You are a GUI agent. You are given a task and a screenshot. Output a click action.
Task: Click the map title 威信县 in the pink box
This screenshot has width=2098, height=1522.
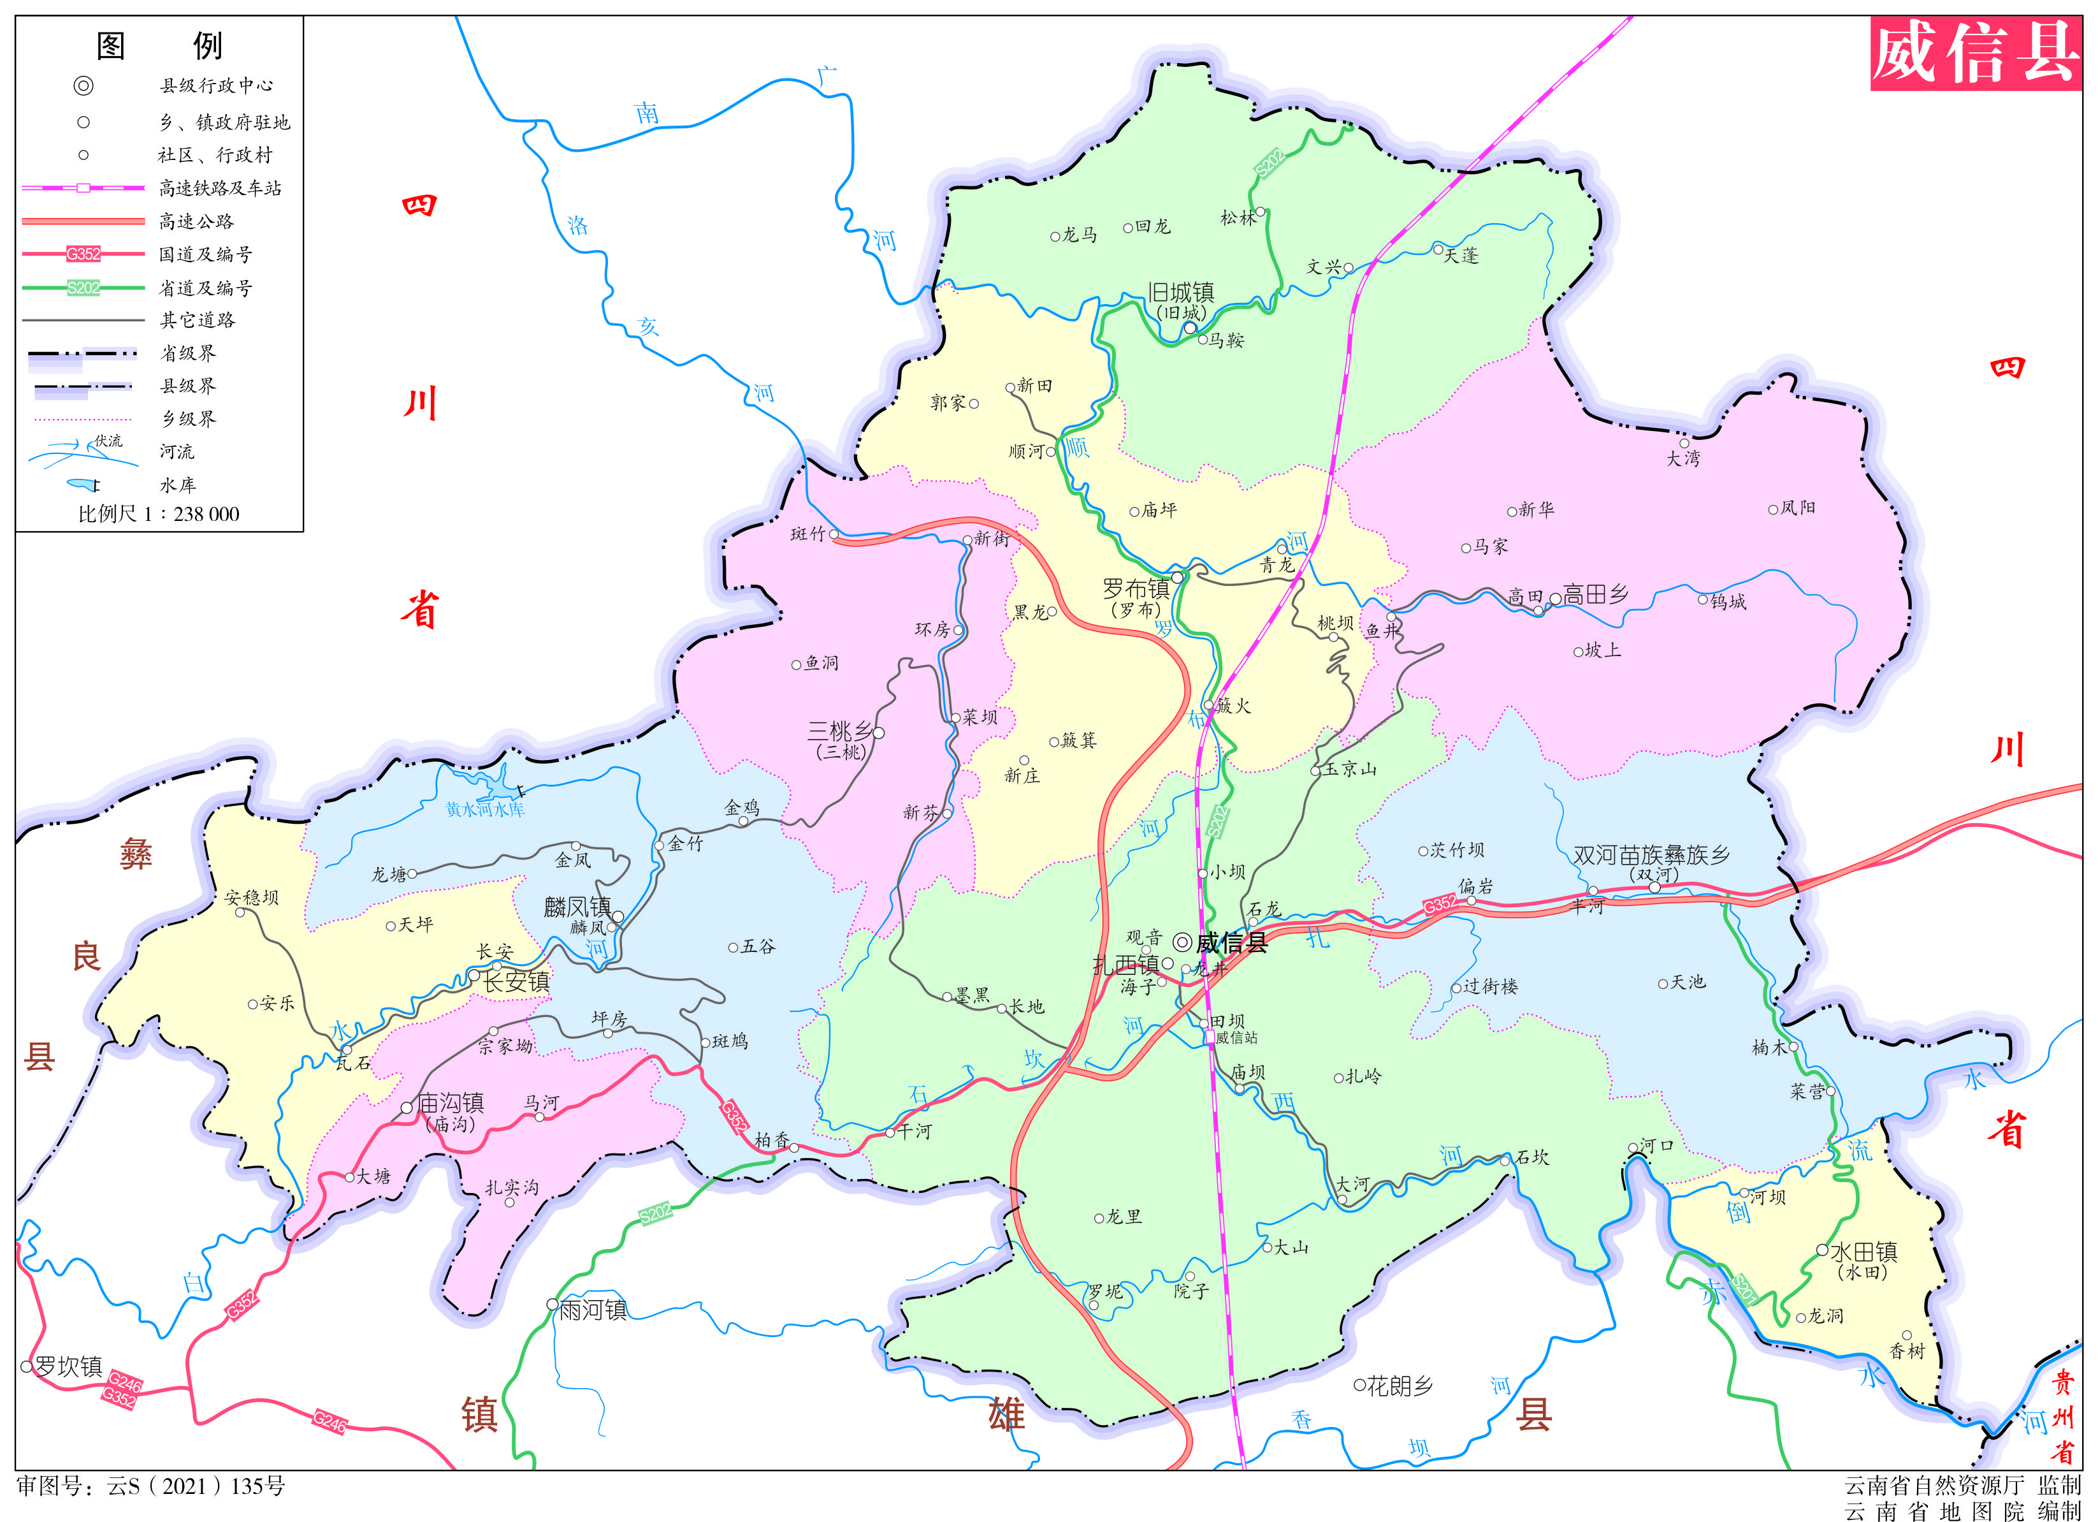[x=1974, y=54]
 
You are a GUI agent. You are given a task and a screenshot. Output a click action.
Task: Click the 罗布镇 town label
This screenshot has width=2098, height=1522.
[x=1135, y=589]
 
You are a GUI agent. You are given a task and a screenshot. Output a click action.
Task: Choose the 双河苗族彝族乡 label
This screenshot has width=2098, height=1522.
[x=1651, y=855]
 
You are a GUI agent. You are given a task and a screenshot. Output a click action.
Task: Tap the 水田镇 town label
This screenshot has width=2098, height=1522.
[x=1864, y=1252]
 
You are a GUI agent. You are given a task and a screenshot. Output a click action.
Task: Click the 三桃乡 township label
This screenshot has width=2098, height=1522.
[x=839, y=731]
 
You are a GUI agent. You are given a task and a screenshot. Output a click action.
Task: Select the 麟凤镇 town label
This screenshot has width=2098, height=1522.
[x=577, y=907]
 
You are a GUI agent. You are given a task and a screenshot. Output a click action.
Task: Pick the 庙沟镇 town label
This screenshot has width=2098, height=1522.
[x=451, y=1103]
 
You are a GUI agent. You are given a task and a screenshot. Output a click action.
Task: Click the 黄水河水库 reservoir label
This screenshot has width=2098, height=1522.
[x=485, y=810]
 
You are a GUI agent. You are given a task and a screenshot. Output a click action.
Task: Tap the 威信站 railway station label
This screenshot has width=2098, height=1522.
[x=1237, y=1038]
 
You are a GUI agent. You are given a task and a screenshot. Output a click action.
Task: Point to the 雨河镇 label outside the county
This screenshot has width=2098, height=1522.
[x=593, y=1310]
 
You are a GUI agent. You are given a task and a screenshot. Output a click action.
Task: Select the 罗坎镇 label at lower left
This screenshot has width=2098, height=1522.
[x=68, y=1366]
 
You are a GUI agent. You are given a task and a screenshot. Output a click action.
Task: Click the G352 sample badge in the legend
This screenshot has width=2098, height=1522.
[x=83, y=254]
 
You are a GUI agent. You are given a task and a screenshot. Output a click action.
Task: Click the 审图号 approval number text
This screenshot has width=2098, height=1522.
[x=151, y=1486]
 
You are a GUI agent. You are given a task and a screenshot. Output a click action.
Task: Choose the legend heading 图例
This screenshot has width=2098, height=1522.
[x=159, y=45]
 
